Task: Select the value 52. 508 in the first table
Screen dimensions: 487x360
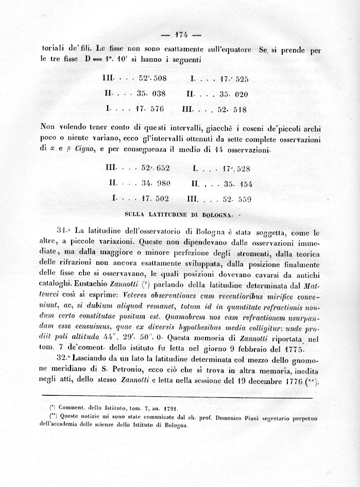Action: (152, 79)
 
